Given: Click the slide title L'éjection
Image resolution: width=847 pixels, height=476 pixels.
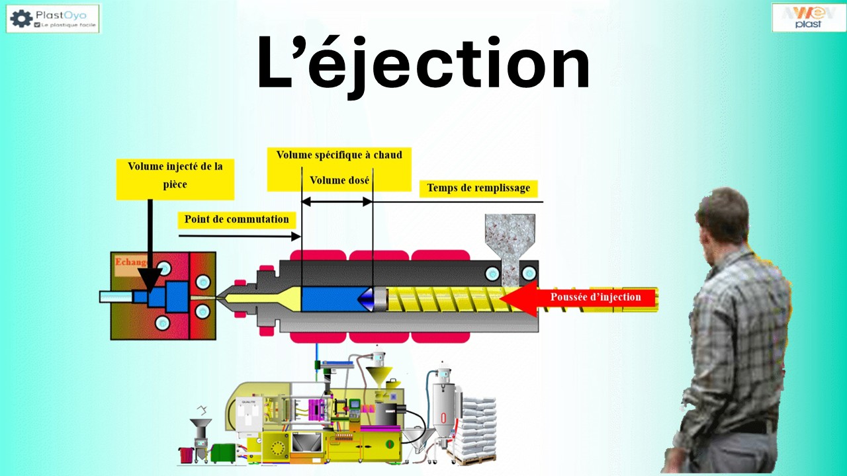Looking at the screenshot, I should pyautogui.click(x=423, y=64).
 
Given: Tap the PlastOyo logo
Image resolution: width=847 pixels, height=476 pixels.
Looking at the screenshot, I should pyautogui.click(x=53, y=19).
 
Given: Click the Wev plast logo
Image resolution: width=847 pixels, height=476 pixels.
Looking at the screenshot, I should pyautogui.click(x=809, y=17).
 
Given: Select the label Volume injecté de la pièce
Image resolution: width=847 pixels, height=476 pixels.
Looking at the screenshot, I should pyautogui.click(x=175, y=175).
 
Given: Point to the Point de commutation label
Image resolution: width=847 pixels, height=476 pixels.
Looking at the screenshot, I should pyautogui.click(x=236, y=219).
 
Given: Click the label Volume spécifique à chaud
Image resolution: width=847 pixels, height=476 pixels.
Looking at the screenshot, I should pyautogui.click(x=339, y=155).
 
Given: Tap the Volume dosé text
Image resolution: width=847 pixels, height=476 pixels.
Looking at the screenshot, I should pyautogui.click(x=339, y=180).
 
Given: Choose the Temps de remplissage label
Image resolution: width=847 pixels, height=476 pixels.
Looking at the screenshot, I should pyautogui.click(x=478, y=188).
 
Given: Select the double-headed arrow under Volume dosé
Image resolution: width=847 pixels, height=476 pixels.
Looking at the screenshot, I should pyautogui.click(x=337, y=202).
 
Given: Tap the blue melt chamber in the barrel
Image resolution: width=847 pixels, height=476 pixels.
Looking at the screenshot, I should pyautogui.click(x=330, y=299).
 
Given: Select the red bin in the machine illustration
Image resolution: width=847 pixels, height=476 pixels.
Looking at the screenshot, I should pyautogui.click(x=186, y=455).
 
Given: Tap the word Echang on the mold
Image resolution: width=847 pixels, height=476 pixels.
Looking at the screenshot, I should pyautogui.click(x=129, y=262).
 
